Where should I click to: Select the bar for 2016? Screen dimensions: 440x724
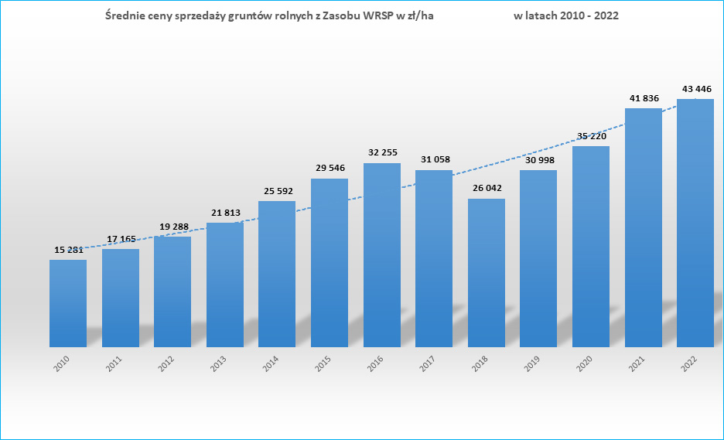click(382, 255)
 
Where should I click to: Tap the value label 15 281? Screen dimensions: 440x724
click(68, 249)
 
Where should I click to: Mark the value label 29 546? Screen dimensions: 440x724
click(330, 168)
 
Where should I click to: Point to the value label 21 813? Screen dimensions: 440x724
click(225, 213)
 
